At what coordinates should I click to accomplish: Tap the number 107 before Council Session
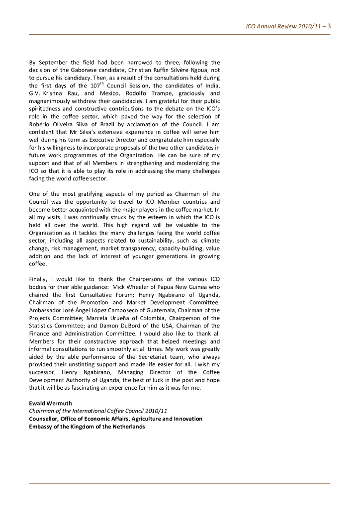[x=94, y=86]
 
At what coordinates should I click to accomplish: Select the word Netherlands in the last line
[x=128, y=426]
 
